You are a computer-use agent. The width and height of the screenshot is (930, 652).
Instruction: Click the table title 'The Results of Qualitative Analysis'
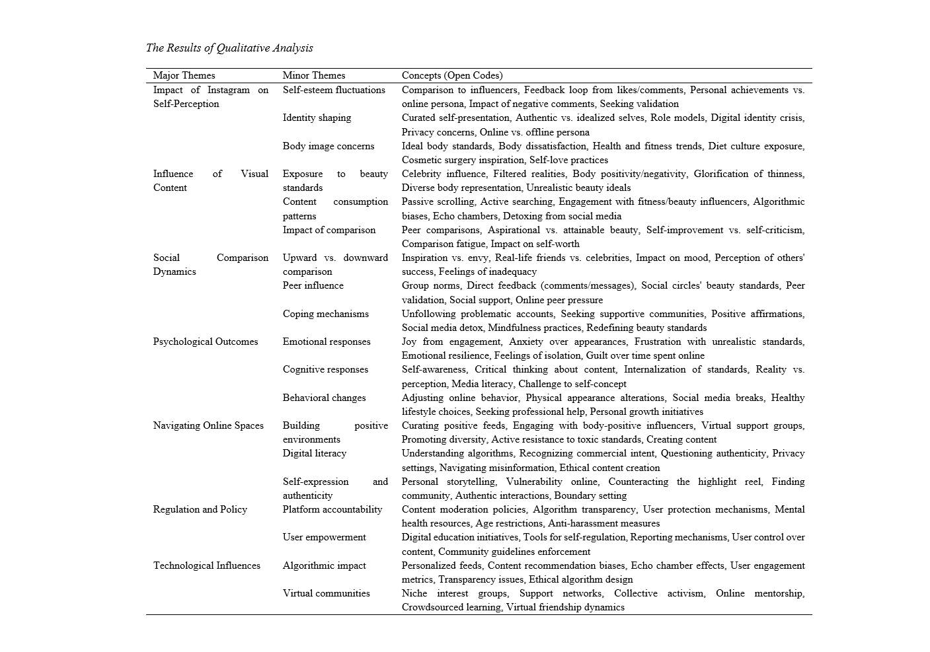pos(229,48)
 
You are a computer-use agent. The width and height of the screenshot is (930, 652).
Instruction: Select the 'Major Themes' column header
pos(184,75)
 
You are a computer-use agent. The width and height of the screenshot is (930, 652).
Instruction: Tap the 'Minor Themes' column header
pos(314,75)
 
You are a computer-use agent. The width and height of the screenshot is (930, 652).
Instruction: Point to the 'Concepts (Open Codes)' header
pos(452,75)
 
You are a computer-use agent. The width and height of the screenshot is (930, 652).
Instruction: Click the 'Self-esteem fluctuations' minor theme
pos(334,90)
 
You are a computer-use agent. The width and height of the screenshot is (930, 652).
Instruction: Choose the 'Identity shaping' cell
pos(317,118)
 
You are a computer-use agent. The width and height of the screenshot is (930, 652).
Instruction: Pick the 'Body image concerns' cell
pos(329,146)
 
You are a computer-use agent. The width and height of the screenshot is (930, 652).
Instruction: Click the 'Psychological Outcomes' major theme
pos(206,342)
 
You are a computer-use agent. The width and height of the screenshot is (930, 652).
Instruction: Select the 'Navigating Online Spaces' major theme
pos(208,425)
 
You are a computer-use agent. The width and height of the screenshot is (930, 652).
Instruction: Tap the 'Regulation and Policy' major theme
pos(200,509)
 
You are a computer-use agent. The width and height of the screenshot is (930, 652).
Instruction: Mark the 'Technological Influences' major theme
pos(207,565)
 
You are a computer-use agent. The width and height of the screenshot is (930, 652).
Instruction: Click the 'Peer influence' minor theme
pos(313,285)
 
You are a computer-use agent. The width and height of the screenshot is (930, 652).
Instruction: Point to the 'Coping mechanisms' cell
pos(326,314)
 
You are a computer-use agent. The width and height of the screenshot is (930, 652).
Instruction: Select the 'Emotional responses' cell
pos(327,342)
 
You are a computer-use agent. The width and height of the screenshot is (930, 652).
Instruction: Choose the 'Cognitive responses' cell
pos(325,369)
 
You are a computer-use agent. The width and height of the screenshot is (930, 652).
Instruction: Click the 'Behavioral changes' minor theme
pos(324,398)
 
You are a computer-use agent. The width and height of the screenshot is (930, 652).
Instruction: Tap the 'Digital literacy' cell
pos(315,453)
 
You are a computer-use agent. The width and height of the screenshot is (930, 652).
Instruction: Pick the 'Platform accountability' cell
pos(332,509)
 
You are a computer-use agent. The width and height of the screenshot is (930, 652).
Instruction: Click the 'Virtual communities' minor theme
pos(327,593)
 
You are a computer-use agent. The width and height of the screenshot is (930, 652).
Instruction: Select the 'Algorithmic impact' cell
pos(324,565)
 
